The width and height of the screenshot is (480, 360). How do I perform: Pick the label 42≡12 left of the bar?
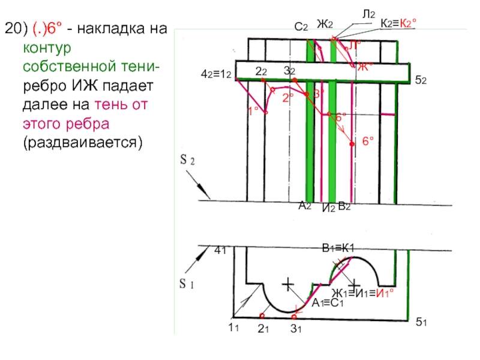click(216, 76)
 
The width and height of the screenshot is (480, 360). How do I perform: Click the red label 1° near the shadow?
click(253, 110)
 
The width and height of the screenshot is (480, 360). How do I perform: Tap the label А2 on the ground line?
click(305, 206)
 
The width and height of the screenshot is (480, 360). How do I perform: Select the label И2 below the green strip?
click(328, 208)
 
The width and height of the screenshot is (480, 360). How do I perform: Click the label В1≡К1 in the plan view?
click(339, 248)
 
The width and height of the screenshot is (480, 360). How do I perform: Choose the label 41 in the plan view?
click(220, 252)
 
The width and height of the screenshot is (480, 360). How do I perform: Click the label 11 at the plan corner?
click(233, 327)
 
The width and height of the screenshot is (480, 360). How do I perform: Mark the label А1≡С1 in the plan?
click(327, 303)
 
